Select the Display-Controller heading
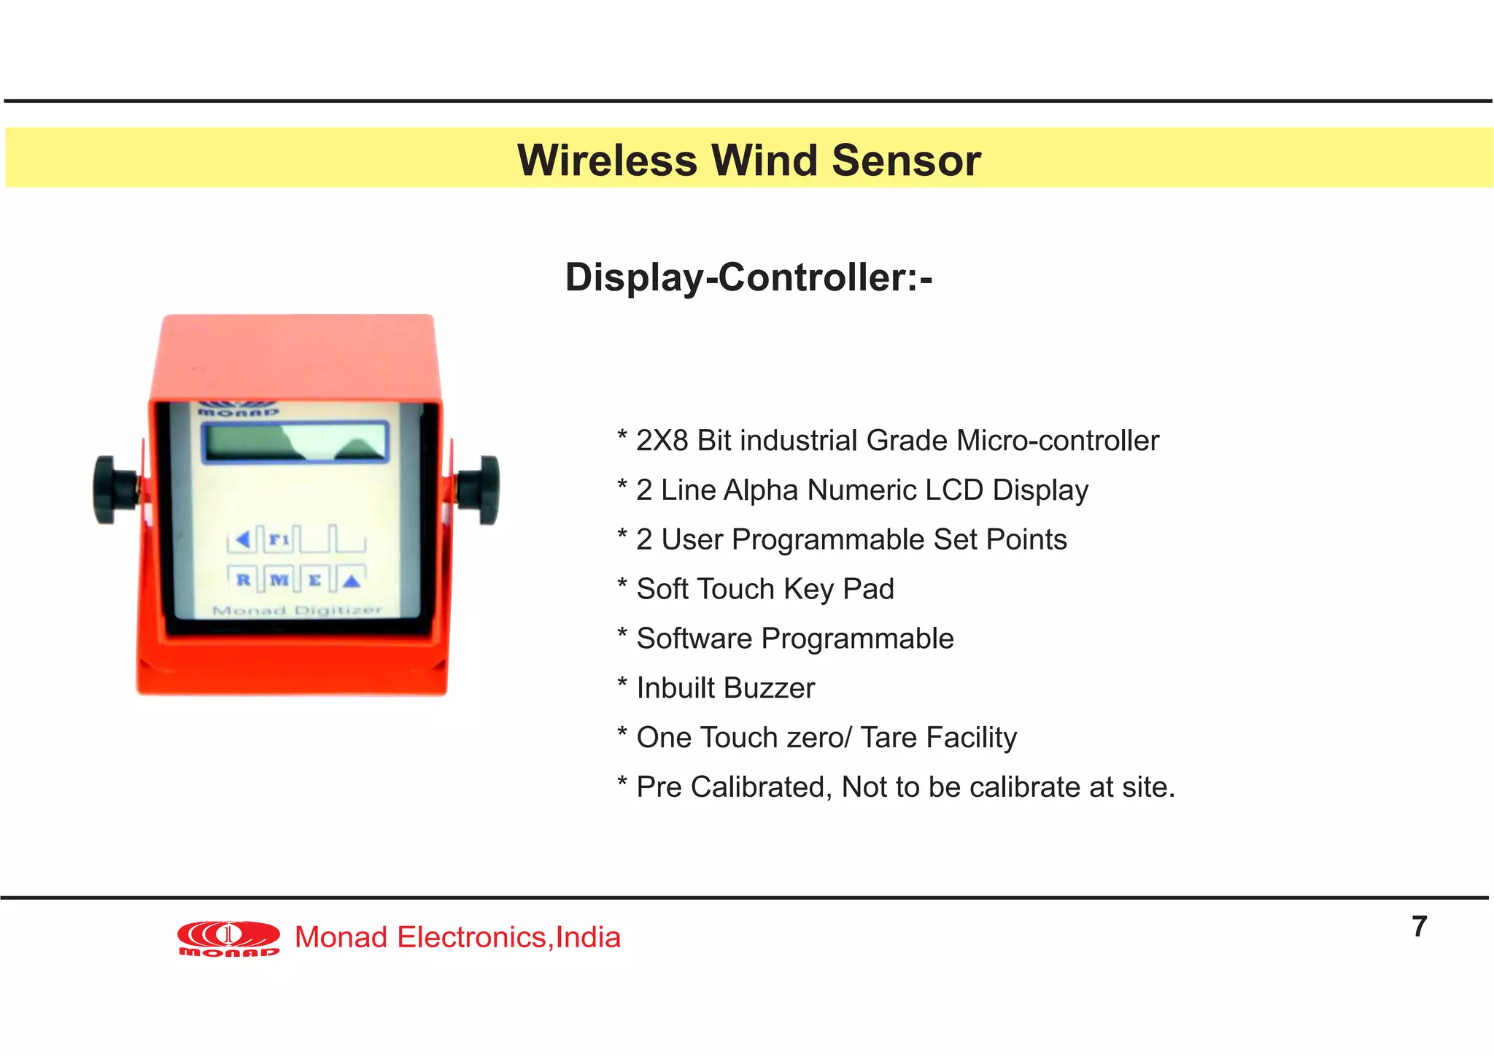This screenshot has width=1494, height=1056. coord(748,277)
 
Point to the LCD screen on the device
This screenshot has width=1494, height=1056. coord(295,442)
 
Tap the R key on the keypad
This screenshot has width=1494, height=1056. coord(243,580)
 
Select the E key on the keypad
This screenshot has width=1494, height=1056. coord(315,580)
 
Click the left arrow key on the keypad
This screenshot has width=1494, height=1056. coord(243,539)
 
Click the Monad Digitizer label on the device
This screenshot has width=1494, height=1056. coord(297,610)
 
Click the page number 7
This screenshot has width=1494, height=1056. coord(1419,927)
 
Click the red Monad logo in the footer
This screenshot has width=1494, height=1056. coord(228,938)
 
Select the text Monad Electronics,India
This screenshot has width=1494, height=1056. coord(457,938)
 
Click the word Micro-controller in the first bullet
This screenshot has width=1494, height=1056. coord(1057,441)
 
